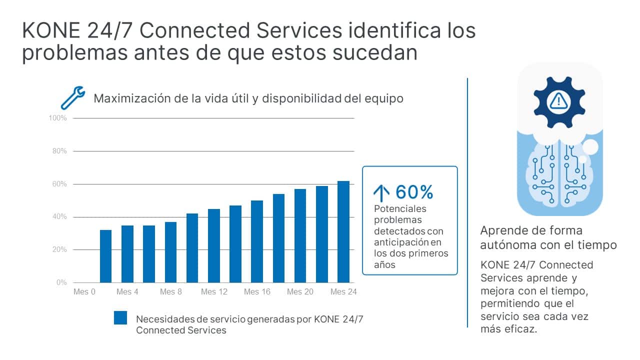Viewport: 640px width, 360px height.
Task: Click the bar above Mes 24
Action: click(x=343, y=232)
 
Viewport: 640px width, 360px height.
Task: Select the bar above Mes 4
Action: click(x=127, y=254)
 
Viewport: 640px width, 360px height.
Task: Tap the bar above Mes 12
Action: click(x=213, y=246)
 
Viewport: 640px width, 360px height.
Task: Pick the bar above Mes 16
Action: click(x=257, y=241)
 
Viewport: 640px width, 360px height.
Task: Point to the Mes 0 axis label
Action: click(x=84, y=292)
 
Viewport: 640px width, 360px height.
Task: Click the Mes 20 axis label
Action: click(x=300, y=292)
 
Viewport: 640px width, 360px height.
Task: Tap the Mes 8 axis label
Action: click(x=170, y=292)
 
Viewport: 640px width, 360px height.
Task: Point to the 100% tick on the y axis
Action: click(x=58, y=118)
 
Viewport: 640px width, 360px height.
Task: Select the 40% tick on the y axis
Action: click(x=59, y=217)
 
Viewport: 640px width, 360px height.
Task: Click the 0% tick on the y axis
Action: click(x=61, y=282)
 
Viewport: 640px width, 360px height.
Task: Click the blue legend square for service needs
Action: click(x=120, y=318)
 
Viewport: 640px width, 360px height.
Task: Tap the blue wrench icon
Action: click(x=72, y=97)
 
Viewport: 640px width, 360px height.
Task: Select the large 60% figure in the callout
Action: click(x=414, y=192)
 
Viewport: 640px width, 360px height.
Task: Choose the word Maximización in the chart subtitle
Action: click(x=129, y=98)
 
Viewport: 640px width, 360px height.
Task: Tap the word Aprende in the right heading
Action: click(x=501, y=230)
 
